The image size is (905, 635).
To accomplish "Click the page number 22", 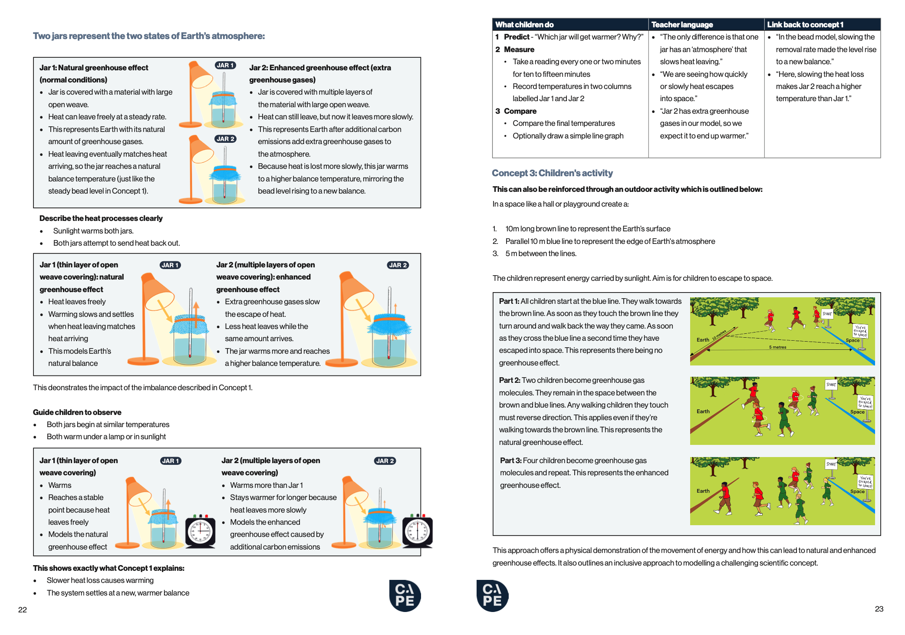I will point(23,610).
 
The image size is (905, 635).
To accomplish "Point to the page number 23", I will point(879,609).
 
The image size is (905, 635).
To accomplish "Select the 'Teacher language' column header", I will point(682,25).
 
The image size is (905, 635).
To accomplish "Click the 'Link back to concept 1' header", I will point(805,25).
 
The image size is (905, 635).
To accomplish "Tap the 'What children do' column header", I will point(524,25).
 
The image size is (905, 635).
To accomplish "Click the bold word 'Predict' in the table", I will point(517,37).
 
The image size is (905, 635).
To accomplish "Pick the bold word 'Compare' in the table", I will point(520,111).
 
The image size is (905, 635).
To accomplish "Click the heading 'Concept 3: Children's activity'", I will point(552,173).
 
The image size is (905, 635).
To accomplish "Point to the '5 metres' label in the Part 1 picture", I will point(777,347).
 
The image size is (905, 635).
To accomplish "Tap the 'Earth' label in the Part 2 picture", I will point(703,411).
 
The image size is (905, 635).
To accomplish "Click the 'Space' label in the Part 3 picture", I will point(857,491).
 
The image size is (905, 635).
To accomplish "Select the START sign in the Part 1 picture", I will point(827,314).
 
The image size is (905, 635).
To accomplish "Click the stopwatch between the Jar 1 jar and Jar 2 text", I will point(200,531).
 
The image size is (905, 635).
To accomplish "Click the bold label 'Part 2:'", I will point(510,381).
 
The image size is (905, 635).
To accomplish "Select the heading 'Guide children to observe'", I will point(77,412).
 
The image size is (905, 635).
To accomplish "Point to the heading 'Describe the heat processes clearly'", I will point(101,218).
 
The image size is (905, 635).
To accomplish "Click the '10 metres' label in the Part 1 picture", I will point(719,335).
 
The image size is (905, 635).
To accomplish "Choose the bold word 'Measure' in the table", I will point(519,49).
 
